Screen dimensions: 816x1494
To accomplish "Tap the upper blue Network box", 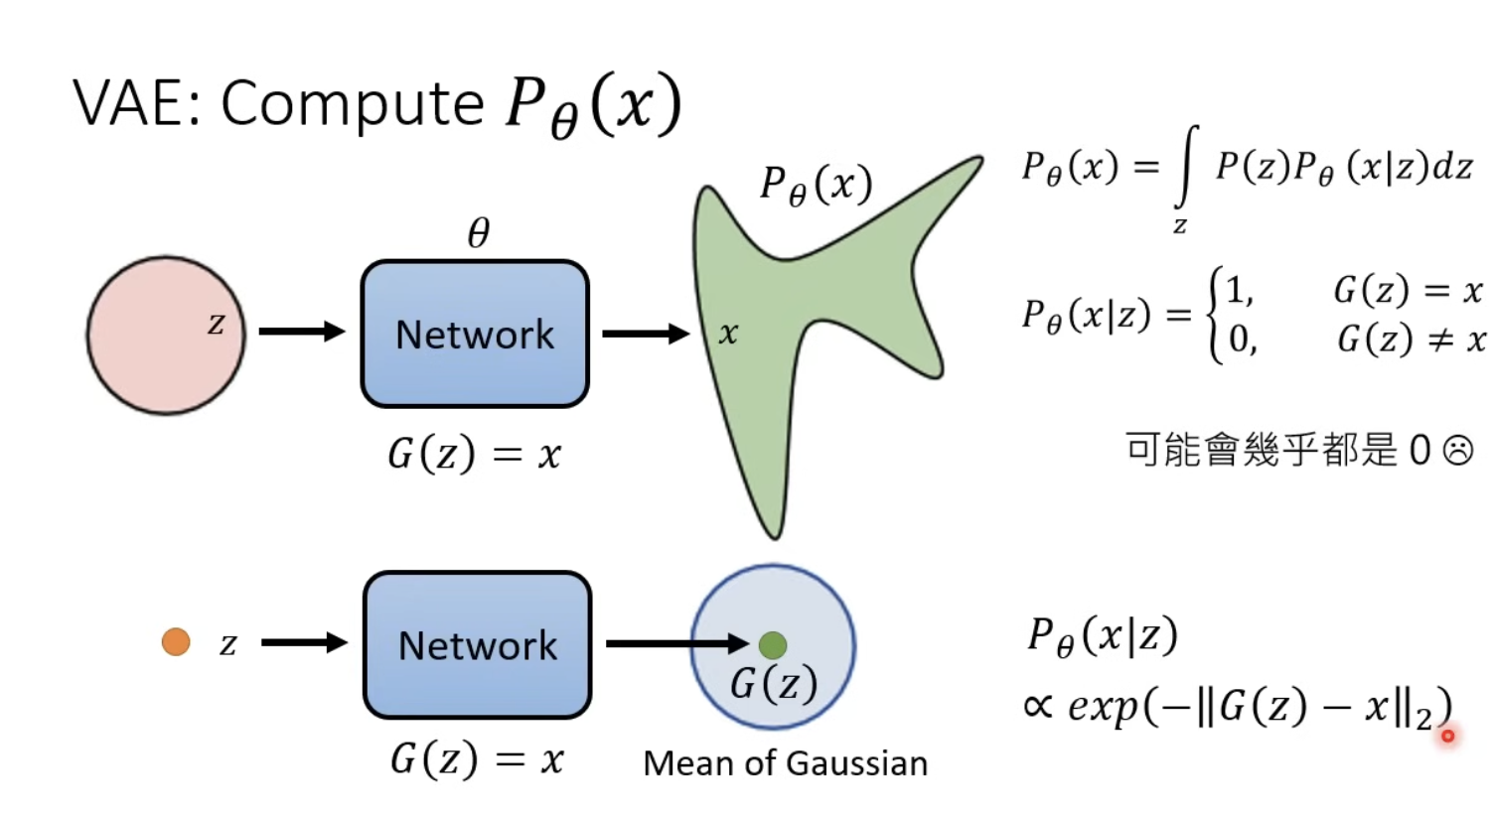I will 475,335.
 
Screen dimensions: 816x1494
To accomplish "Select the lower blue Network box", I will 478,645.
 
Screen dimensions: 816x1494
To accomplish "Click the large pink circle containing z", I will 165,335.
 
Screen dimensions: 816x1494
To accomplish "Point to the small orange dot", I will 176,642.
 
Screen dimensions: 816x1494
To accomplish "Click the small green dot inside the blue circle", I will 773,645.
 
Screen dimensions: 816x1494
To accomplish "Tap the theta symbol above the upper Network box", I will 479,233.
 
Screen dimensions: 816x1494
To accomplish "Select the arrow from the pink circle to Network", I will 301,332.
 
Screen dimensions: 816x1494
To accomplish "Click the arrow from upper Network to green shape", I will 646,334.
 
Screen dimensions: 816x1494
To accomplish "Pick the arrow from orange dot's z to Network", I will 304,643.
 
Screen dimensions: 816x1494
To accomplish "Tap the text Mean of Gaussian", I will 785,763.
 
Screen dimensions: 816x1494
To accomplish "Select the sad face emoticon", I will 1457,451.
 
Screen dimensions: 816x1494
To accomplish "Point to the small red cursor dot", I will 1448,736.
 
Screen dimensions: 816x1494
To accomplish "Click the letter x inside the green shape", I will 728,335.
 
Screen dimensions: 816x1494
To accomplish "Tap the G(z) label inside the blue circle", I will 773,684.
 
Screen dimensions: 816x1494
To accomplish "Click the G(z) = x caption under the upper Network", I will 474,455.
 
